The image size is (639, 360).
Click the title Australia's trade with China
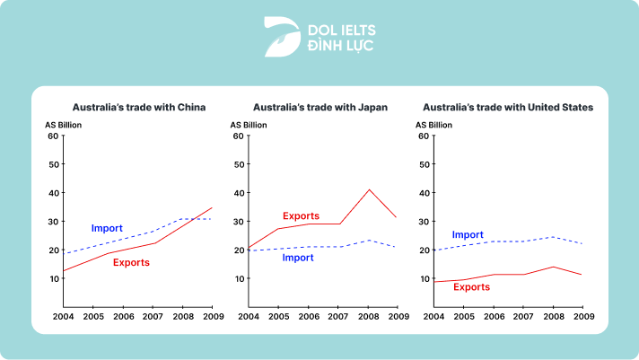(x=139, y=107)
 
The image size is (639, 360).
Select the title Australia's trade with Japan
(x=320, y=107)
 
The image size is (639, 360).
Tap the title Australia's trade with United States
(x=508, y=107)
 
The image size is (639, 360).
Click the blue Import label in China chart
(x=107, y=228)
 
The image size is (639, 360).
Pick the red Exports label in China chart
(x=131, y=262)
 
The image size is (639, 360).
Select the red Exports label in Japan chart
(x=301, y=216)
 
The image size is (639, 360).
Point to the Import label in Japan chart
(x=298, y=258)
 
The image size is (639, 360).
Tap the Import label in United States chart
(x=468, y=234)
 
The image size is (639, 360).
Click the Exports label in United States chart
(x=472, y=287)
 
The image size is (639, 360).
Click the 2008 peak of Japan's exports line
(x=369, y=189)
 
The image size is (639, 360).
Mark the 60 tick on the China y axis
(x=53, y=136)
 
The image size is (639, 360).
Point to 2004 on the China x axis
(x=63, y=316)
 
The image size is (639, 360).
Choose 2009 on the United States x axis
(x=583, y=316)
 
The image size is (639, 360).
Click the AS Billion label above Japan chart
(x=249, y=125)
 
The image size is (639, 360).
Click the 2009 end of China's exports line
(x=212, y=208)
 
